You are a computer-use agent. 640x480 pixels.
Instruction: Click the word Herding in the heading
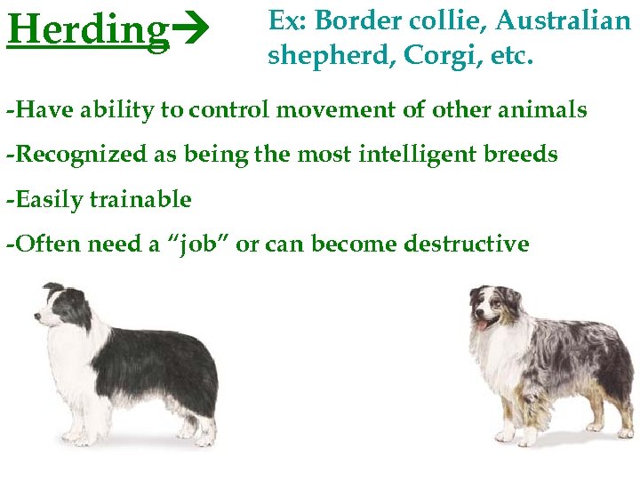[87, 30]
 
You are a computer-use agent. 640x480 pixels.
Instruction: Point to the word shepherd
[331, 56]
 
